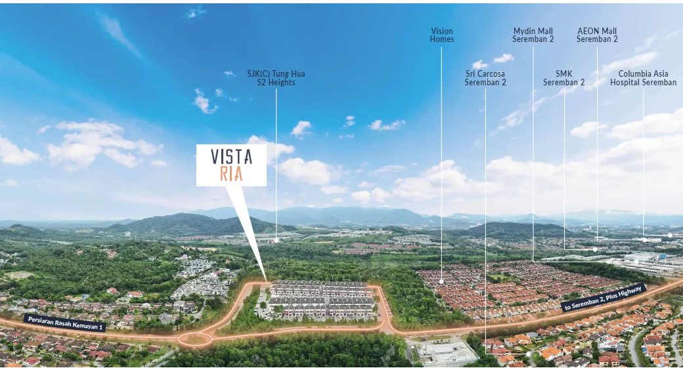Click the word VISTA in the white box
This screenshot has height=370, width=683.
point(231,157)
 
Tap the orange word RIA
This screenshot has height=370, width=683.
point(231,174)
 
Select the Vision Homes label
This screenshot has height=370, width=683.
point(442,35)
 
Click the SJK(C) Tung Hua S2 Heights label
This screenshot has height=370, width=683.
point(276,78)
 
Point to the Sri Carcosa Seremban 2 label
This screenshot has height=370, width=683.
point(485,78)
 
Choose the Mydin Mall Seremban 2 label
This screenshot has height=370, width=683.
point(533,35)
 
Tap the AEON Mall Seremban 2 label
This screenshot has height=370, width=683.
point(597,35)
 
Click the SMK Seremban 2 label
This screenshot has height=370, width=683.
point(563,78)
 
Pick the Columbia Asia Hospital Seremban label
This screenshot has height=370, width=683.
point(643,78)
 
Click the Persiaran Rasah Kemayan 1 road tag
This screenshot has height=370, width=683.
point(64,322)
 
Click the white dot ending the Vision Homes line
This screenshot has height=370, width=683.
point(442,281)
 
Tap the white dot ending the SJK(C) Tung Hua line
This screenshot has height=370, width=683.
point(276,240)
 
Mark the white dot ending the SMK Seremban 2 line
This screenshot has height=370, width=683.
point(594,249)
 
